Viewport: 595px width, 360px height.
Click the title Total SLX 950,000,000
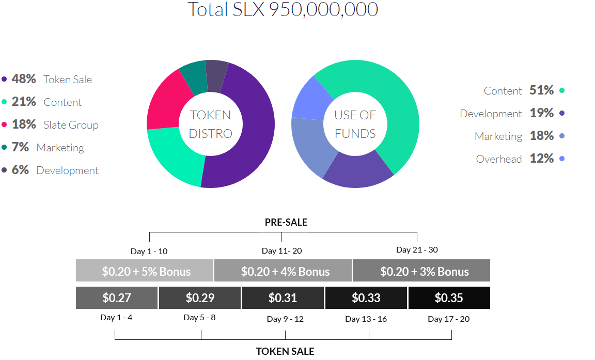click(x=283, y=9)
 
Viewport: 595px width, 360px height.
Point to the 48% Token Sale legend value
click(x=24, y=79)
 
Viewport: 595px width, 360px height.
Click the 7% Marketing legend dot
click(x=4, y=147)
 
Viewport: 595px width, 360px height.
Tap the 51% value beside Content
click(x=541, y=90)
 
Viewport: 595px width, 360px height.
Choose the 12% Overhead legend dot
click(x=562, y=159)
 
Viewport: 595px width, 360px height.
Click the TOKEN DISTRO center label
click(x=211, y=124)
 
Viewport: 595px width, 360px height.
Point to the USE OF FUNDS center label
click(x=355, y=124)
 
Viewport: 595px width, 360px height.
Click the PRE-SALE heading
click(x=286, y=222)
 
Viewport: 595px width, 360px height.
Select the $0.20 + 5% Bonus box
click(x=145, y=271)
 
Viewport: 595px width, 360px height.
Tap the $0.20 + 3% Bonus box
click(x=421, y=271)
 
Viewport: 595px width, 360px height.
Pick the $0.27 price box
click(x=117, y=298)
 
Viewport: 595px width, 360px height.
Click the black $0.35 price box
click(x=449, y=298)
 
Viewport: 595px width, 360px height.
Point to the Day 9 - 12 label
click(x=285, y=319)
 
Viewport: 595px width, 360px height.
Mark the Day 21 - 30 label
click(x=417, y=249)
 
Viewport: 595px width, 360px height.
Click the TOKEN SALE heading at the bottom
click(x=285, y=351)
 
